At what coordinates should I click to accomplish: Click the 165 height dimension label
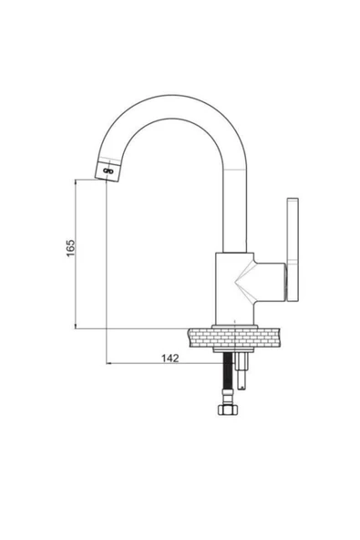[x=70, y=247]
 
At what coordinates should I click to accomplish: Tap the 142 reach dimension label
[x=170, y=358]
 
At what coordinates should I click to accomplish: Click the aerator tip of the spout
[x=108, y=171]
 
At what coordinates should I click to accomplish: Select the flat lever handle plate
[x=293, y=249]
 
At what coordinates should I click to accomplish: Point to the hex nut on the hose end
[x=228, y=410]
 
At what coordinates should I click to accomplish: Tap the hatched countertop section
[x=234, y=337]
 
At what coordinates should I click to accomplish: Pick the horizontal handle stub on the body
[x=270, y=282]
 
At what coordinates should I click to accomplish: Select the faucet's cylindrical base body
[x=235, y=288]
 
